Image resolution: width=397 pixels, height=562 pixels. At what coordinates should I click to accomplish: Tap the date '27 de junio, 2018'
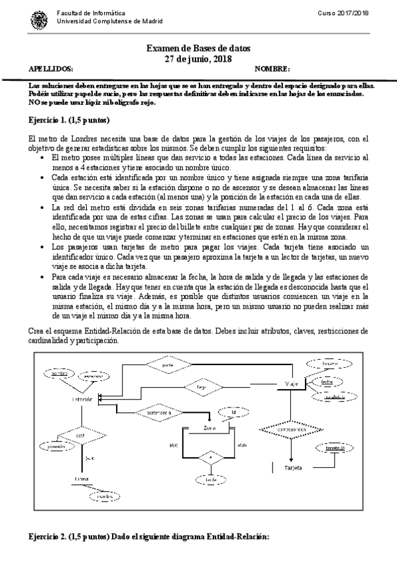click(198, 60)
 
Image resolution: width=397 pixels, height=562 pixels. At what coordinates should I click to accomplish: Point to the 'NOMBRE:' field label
click(272, 70)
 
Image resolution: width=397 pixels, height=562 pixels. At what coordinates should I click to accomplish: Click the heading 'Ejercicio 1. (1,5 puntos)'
click(70, 121)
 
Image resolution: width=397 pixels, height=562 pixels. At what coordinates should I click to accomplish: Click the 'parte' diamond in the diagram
click(168, 364)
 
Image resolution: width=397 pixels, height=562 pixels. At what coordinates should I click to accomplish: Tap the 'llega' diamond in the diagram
click(199, 385)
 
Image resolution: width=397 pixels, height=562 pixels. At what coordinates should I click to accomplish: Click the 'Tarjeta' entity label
click(293, 467)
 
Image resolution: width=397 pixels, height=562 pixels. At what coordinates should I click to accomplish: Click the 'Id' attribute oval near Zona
click(233, 412)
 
